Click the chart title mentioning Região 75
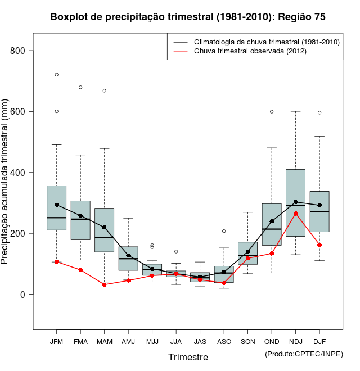(x=188, y=17)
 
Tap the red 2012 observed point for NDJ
(x=295, y=213)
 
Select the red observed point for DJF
(x=319, y=245)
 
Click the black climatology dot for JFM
(x=56, y=205)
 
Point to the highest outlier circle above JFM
(x=56, y=75)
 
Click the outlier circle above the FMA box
(x=80, y=87)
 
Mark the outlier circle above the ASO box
(x=224, y=231)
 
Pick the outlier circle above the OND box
(x=272, y=111)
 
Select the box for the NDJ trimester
(x=295, y=202)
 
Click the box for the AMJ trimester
(x=128, y=258)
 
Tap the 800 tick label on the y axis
(x=19, y=51)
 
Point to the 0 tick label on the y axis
(x=23, y=294)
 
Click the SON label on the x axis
(x=247, y=341)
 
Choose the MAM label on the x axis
(x=104, y=341)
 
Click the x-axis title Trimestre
(x=188, y=357)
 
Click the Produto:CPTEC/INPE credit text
(x=304, y=354)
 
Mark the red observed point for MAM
(x=104, y=284)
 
